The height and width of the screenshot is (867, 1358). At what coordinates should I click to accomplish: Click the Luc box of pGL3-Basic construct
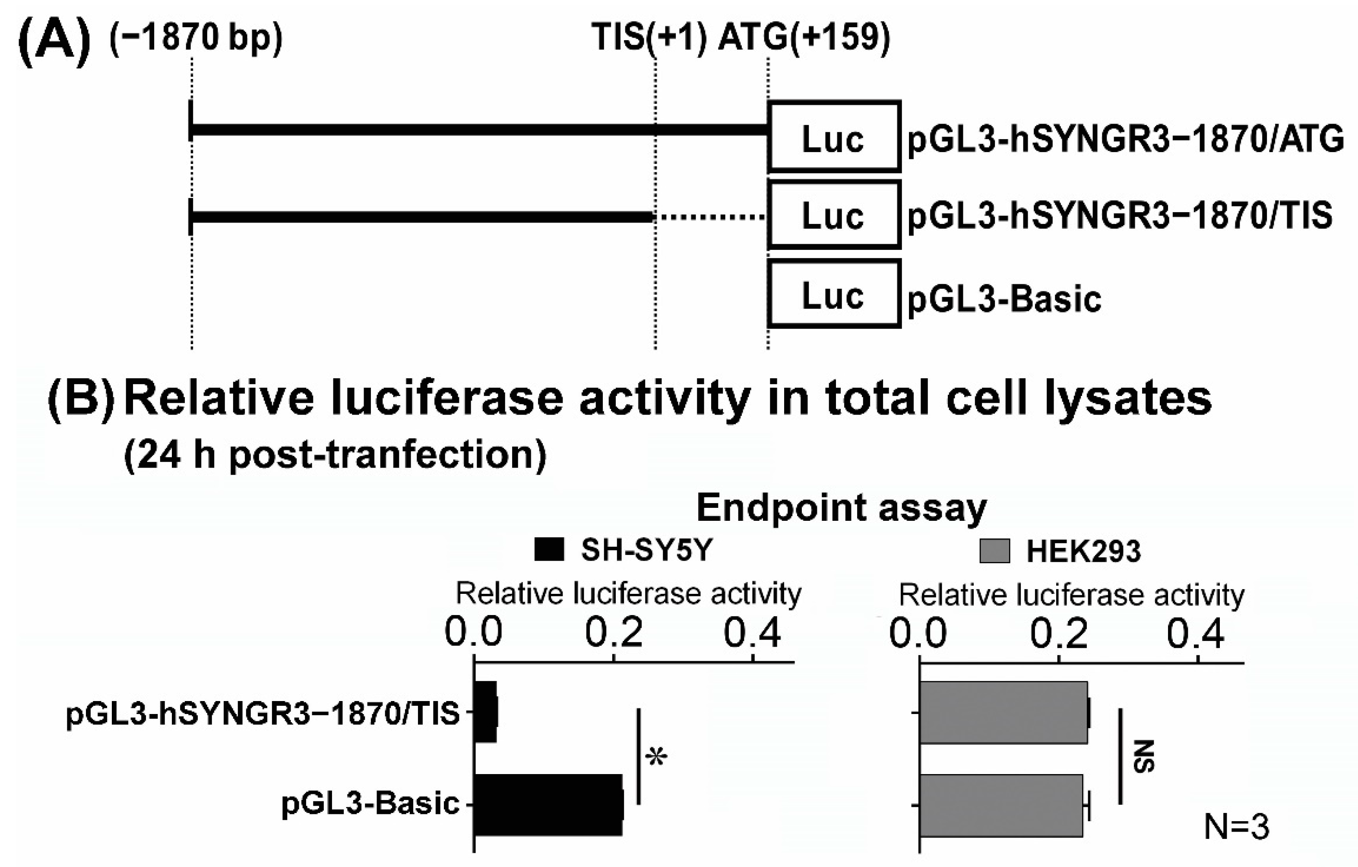[833, 294]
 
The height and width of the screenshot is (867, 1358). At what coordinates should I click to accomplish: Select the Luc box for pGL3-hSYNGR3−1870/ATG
[833, 137]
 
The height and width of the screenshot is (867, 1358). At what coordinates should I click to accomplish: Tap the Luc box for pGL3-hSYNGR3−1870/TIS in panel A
[833, 215]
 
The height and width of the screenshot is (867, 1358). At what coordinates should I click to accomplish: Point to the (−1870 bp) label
[196, 38]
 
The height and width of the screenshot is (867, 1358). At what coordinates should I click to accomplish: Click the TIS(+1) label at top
[649, 38]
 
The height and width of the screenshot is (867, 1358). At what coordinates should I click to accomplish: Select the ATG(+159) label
[804, 38]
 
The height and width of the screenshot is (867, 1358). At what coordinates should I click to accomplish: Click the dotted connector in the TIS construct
[709, 216]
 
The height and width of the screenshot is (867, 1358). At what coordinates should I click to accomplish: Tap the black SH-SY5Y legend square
[549, 550]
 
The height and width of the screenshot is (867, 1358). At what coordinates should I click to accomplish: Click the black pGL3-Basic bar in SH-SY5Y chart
[548, 804]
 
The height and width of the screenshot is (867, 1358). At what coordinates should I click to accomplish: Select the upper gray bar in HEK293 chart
[1003, 712]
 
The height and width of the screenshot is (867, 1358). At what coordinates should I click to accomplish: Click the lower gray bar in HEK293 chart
[1000, 805]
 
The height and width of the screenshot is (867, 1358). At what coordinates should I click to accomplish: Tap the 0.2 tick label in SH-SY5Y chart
[614, 633]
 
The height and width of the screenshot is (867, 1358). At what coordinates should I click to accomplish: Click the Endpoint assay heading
[842, 508]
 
